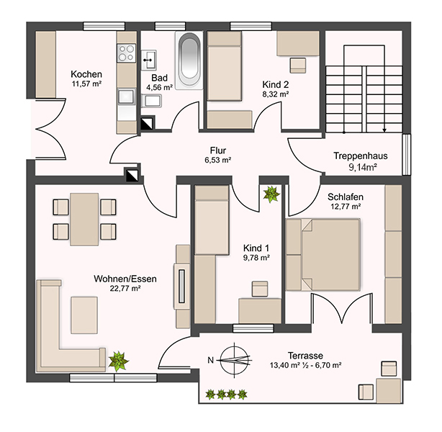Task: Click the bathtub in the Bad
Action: (x=189, y=60)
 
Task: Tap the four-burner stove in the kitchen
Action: (x=126, y=53)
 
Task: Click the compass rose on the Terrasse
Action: (x=235, y=359)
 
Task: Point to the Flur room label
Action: (x=218, y=150)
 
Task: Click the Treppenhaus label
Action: (x=361, y=156)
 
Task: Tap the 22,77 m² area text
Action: (x=125, y=288)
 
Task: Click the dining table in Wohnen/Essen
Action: (x=84, y=219)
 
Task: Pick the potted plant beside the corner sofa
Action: (x=118, y=361)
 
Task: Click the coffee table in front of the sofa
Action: (x=84, y=315)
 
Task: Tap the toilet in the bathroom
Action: (x=151, y=101)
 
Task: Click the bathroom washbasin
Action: (x=148, y=60)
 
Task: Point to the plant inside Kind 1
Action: (x=271, y=194)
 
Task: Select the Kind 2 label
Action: (x=276, y=84)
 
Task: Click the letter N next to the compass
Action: (x=211, y=360)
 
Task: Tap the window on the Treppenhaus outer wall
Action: (x=406, y=154)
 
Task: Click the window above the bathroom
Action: (x=171, y=26)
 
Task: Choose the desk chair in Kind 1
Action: (x=260, y=289)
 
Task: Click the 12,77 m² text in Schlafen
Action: (x=346, y=207)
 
